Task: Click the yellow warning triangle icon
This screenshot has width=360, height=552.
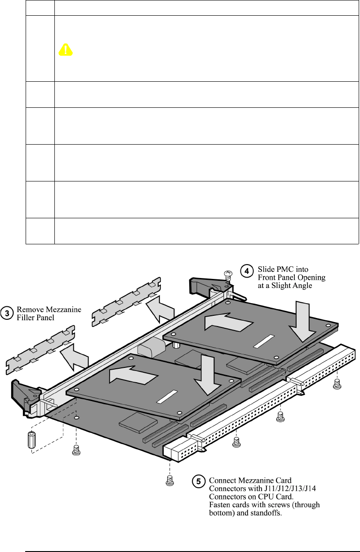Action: tap(66, 50)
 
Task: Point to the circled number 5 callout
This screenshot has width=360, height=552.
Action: tap(198, 481)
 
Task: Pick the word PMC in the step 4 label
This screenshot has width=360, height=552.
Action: tap(282, 269)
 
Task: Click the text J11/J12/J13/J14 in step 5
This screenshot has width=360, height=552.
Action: tap(268, 489)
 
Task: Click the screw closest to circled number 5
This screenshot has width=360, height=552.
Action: tap(170, 481)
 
